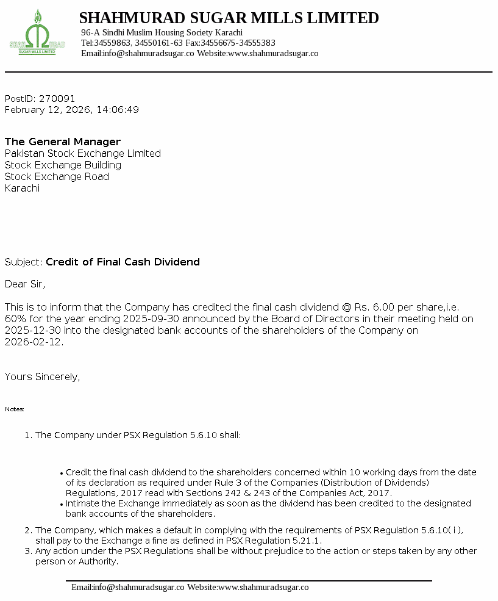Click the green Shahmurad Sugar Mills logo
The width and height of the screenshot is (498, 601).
37,34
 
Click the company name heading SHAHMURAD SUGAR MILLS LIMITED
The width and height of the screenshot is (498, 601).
229,18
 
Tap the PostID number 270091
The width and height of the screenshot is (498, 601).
57,98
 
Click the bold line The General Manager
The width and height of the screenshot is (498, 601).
63,142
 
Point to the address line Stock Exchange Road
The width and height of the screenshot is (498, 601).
57,176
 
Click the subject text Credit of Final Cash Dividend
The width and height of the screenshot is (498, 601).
123,262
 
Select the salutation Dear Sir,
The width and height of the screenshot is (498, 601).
25,284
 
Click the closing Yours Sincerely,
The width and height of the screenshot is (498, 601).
42,376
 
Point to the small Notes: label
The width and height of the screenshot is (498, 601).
15,409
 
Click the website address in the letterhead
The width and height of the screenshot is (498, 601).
272,53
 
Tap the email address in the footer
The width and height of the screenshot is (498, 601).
138,587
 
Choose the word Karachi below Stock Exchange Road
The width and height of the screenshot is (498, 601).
22,188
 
